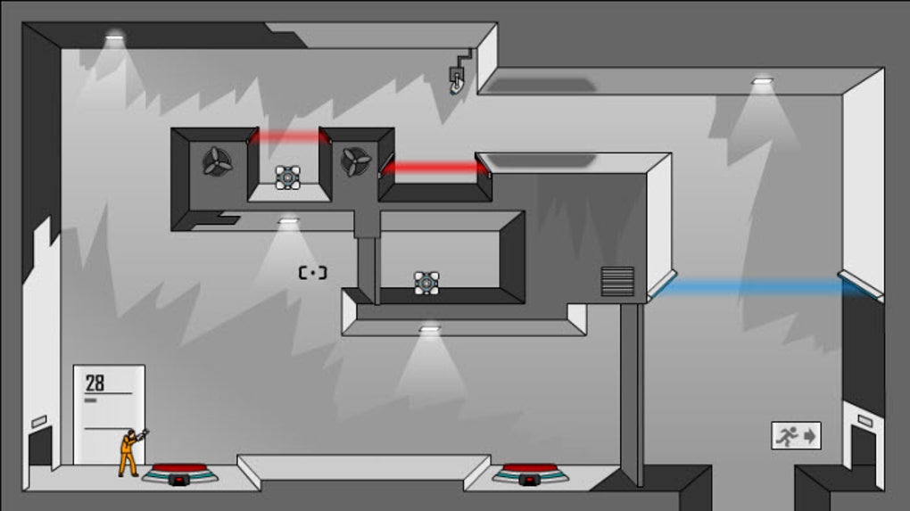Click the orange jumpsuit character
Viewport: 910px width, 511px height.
coord(128,453)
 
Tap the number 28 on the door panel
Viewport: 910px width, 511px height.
coord(95,383)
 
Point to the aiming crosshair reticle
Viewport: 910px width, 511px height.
coord(312,273)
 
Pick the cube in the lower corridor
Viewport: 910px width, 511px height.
coord(426,283)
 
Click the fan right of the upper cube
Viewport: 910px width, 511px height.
coord(356,161)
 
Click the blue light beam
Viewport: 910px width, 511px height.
coord(749,287)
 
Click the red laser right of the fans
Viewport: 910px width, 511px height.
coord(434,168)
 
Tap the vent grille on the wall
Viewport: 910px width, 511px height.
coord(617,281)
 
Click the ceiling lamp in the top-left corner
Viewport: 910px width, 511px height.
coord(114,37)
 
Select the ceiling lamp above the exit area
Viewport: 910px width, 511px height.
coord(761,81)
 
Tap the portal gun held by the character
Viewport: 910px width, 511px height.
coord(143,434)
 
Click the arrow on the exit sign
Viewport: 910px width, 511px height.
coord(810,436)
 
